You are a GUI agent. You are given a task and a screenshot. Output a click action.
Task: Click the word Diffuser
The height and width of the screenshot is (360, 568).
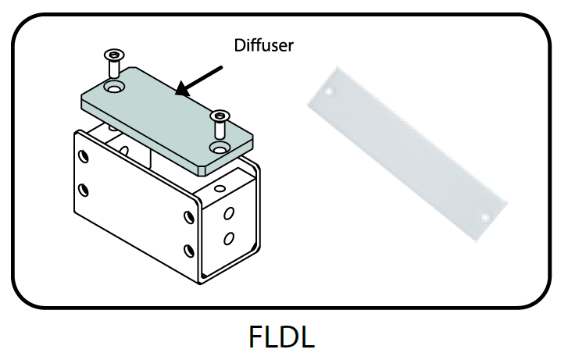pos(264,45)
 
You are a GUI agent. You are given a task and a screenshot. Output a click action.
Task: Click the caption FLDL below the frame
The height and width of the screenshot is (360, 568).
pos(282,336)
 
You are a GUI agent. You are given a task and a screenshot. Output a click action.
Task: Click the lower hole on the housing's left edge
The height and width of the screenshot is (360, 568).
pos(84,189)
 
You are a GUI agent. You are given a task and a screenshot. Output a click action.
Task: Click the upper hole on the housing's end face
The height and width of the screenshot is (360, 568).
pos(229,212)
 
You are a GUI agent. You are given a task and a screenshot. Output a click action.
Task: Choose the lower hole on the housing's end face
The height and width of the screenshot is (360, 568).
pos(229,238)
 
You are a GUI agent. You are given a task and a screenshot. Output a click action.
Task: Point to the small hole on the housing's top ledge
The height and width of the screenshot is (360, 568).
pos(217,189)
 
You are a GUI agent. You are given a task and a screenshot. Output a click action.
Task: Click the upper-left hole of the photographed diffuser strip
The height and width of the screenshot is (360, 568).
pos(329,91)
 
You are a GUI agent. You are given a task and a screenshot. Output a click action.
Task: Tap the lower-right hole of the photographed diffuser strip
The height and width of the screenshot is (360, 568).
pos(485,216)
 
